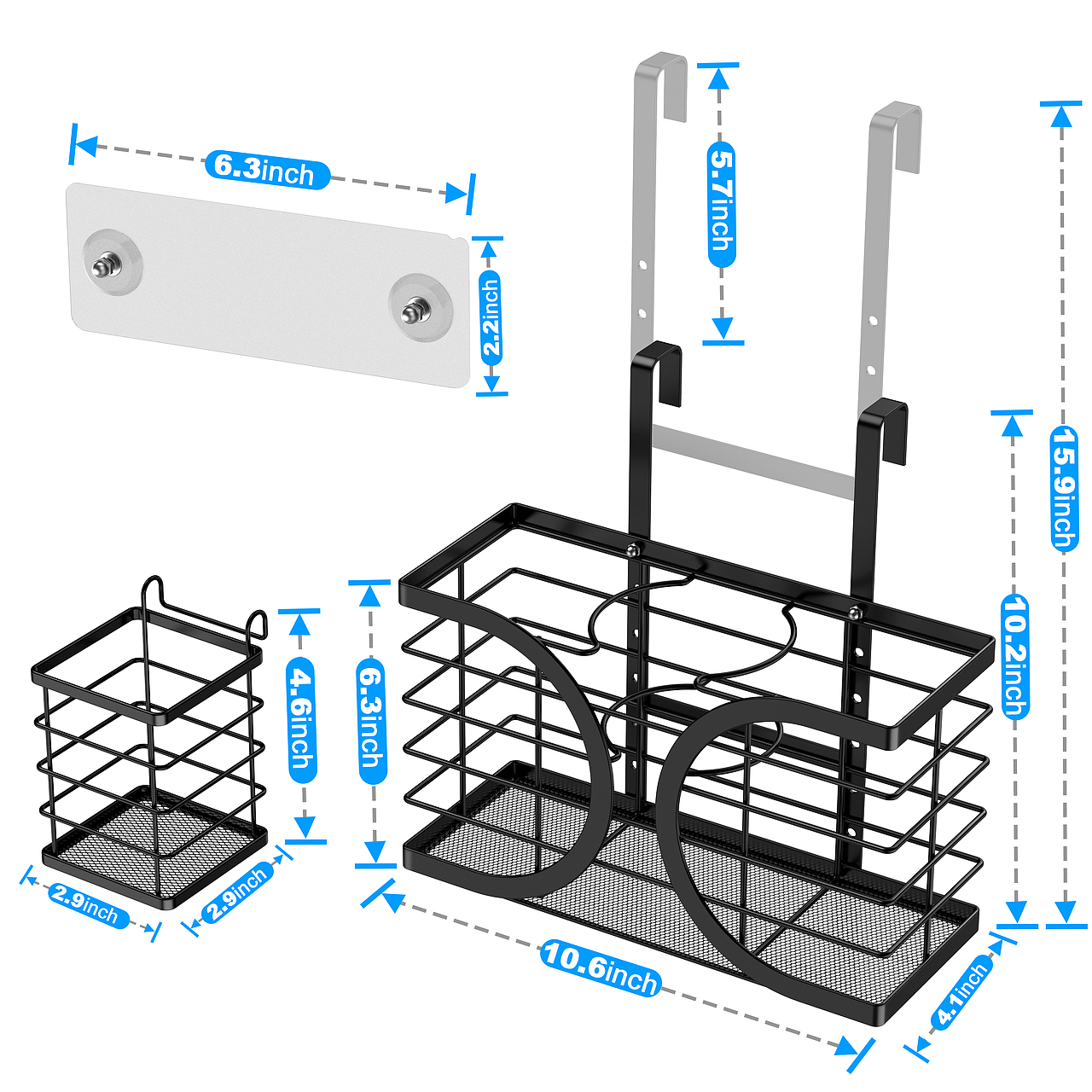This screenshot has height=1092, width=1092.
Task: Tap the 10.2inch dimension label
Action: pos(1014,656)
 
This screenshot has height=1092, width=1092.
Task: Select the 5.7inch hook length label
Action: pos(722,205)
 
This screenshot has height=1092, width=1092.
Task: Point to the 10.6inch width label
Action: pos(601,971)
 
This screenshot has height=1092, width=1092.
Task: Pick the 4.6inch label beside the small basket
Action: pos(302,720)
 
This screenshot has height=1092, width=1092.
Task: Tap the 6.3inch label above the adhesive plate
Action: pos(267,169)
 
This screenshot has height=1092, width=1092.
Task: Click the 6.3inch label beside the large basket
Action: pos(372,724)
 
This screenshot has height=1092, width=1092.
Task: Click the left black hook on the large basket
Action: pos(657,353)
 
